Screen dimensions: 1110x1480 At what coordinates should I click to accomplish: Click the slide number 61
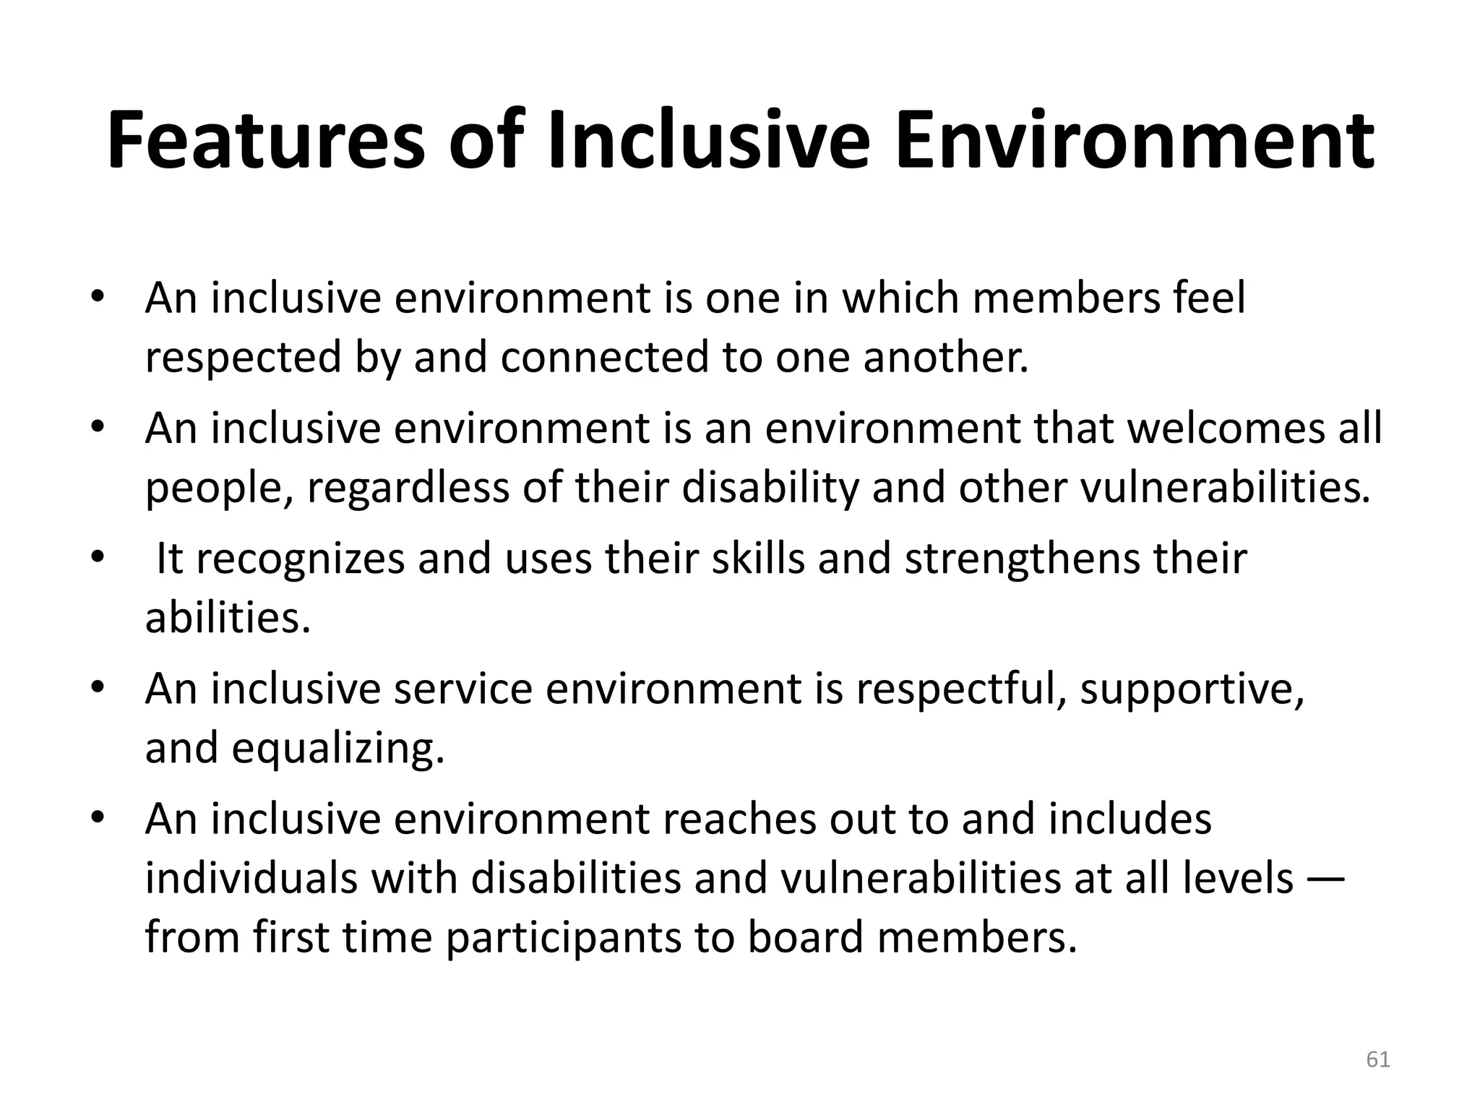(1378, 1060)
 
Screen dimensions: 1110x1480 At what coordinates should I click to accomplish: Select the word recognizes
(300, 559)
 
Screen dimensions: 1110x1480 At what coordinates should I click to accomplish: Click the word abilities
(227, 618)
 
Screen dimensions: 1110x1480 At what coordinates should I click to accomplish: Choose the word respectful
(962, 689)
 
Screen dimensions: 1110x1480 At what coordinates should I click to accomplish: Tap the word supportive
(1192, 689)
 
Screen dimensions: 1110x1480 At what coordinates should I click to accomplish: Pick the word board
(805, 937)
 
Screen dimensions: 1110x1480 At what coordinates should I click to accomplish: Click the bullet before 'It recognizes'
(98, 556)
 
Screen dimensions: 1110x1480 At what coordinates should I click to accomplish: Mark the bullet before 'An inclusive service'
(98, 686)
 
